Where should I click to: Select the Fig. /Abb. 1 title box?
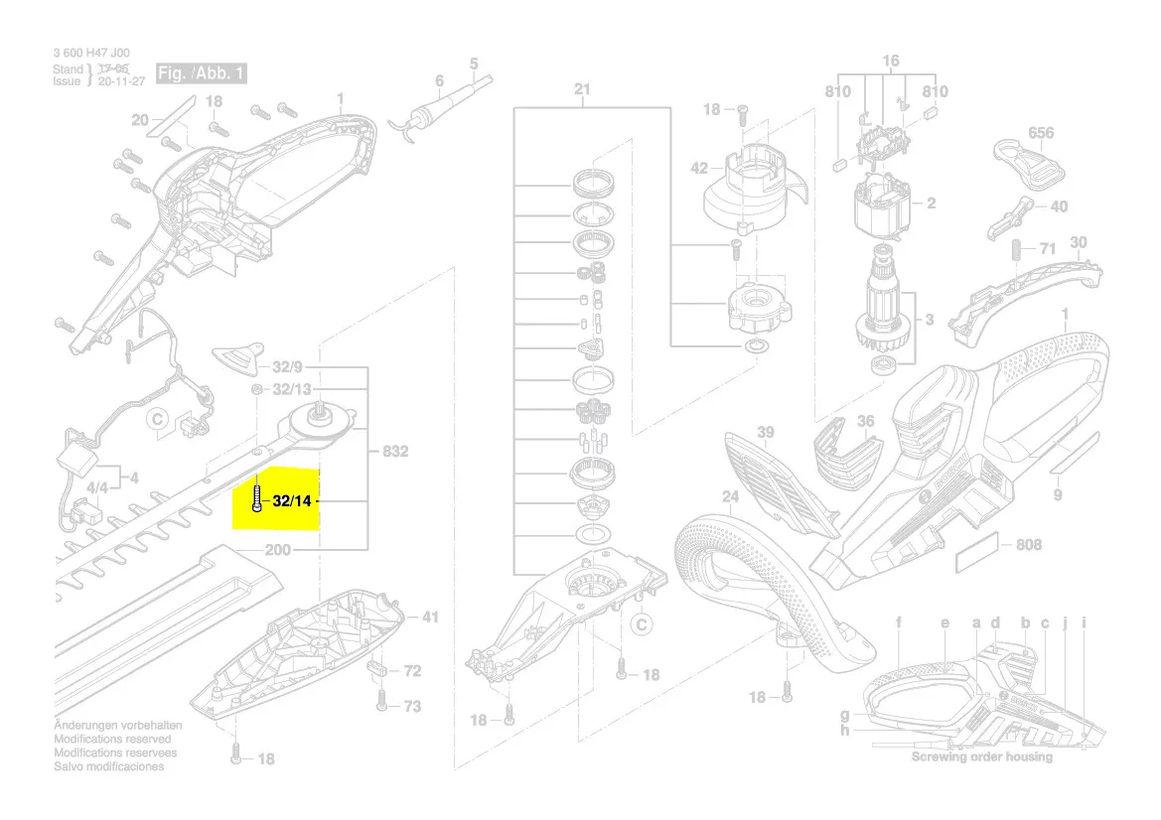[x=202, y=74]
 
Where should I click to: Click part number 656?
[x=1040, y=132]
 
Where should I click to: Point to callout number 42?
[x=699, y=169]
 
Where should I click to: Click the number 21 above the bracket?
[x=582, y=90]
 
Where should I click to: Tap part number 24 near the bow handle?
[x=730, y=496]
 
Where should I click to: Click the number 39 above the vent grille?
[x=765, y=432]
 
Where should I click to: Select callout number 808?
[x=1029, y=545]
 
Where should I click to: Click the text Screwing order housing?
[x=981, y=756]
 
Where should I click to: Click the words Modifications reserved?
[x=111, y=740]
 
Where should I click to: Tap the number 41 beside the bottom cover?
[x=429, y=617]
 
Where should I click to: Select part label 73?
[x=411, y=706]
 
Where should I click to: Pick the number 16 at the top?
[x=890, y=62]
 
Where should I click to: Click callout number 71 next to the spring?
[x=1047, y=249]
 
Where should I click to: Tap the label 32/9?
[x=291, y=366]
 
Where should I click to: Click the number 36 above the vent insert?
[x=865, y=421]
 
